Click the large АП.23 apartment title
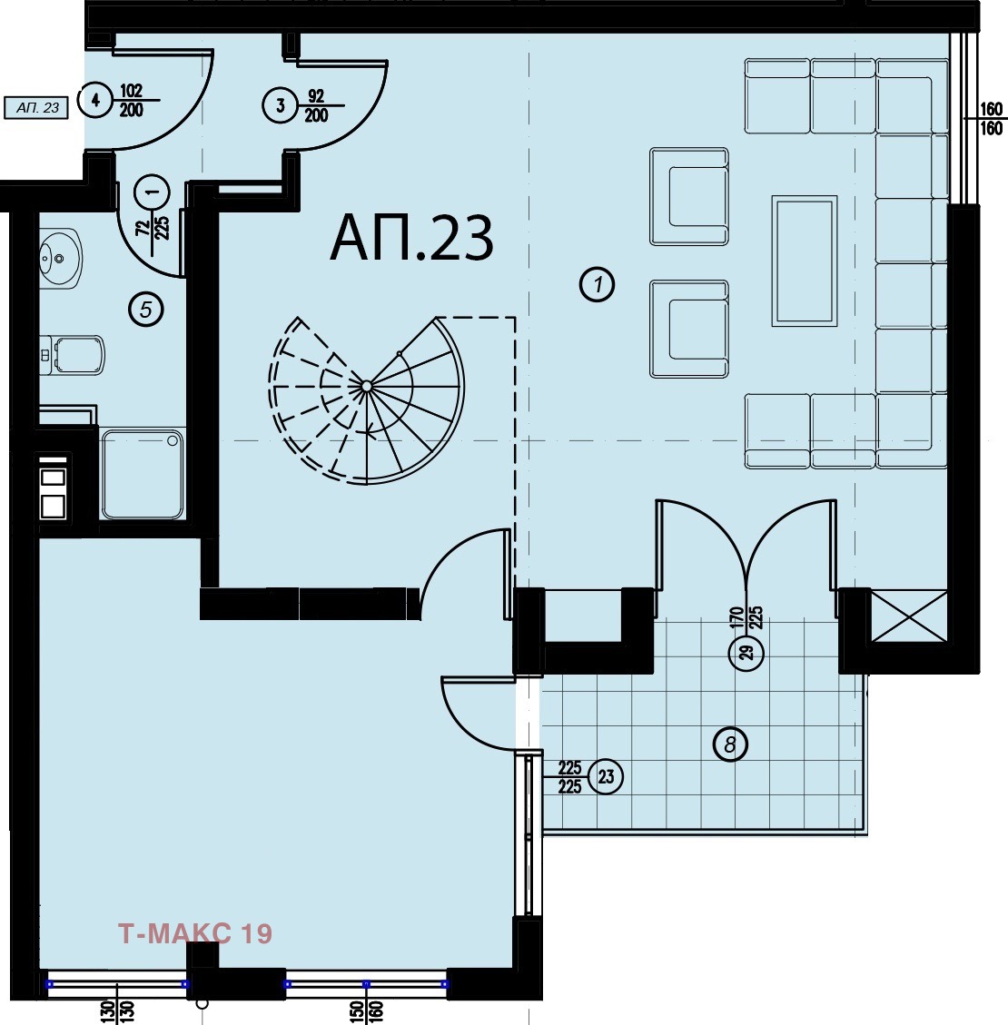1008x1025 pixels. coord(411,239)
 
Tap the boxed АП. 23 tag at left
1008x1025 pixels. coord(36,108)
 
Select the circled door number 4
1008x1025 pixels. coord(96,100)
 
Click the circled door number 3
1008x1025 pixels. coord(281,105)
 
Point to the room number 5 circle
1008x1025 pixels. coord(146,309)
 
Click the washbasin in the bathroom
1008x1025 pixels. coord(60,259)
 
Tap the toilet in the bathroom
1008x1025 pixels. coord(73,355)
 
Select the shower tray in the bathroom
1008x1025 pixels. coord(143,474)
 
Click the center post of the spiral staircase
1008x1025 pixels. coord(367,387)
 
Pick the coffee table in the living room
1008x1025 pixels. coord(804,261)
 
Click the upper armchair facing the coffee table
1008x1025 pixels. coord(689,196)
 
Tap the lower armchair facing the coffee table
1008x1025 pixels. coord(689,329)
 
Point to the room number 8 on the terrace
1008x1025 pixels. coord(730,744)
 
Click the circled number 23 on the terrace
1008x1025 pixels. coord(606,776)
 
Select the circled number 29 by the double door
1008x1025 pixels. coord(746,652)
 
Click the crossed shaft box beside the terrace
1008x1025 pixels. coord(909,616)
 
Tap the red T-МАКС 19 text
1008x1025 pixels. coord(195,933)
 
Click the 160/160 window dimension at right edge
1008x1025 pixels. coord(991,118)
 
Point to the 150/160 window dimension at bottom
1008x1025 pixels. coord(366,1012)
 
